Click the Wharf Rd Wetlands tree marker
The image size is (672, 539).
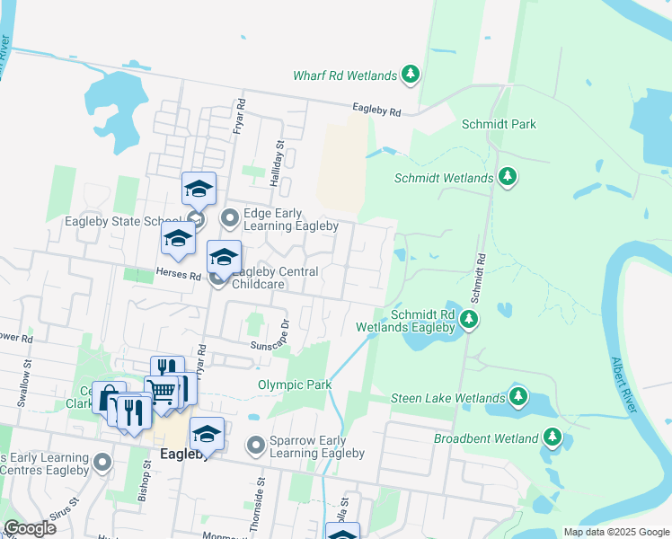pos(411,74)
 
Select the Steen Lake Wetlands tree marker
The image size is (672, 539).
pos(517,395)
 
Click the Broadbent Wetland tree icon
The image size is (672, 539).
pos(552,438)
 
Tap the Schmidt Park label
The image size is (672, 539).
pos(499,124)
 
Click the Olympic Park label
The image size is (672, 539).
pos(295,384)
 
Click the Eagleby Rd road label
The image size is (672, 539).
pos(376,110)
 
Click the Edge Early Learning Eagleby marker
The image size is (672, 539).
pos(230,216)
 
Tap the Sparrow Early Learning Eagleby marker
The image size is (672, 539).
pos(257,445)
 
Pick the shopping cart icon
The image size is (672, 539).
pos(162,392)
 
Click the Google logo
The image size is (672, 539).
pos(30,528)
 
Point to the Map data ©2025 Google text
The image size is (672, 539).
pos(615,532)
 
